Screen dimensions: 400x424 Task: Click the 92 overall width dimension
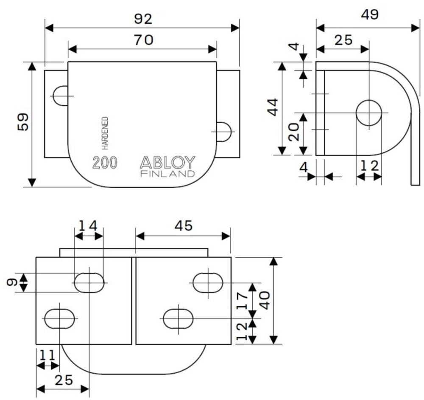pyautogui.click(x=142, y=19)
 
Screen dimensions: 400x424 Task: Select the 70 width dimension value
pyautogui.click(x=142, y=40)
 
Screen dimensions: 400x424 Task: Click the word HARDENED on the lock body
pyautogui.click(x=105, y=133)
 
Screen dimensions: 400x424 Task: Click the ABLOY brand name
pyautogui.click(x=167, y=162)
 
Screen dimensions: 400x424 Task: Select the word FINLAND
pyautogui.click(x=167, y=174)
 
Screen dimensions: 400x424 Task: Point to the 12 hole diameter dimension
pyautogui.click(x=368, y=166)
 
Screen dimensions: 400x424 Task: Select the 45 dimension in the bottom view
pyautogui.click(x=183, y=226)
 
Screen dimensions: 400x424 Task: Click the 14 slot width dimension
pyautogui.click(x=89, y=225)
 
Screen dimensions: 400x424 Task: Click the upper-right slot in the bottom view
pyautogui.click(x=208, y=282)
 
